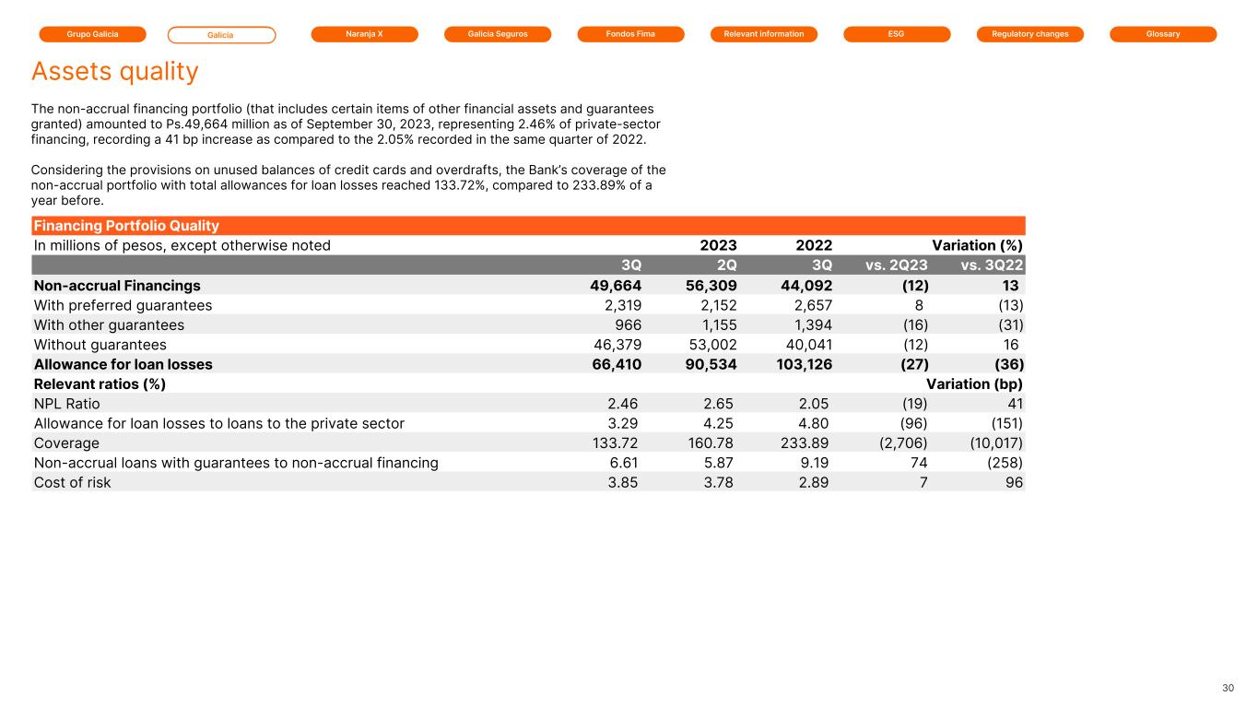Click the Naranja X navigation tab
(x=364, y=34)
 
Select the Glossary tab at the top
(x=1163, y=34)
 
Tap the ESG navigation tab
(x=897, y=34)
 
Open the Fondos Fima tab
(x=630, y=34)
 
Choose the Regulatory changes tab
(x=1030, y=34)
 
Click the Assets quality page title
(x=114, y=71)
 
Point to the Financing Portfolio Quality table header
(x=126, y=226)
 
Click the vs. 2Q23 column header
(x=897, y=265)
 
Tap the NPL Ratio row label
(x=67, y=404)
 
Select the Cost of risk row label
(x=72, y=482)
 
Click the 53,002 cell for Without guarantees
(x=707, y=345)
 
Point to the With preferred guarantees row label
(x=123, y=305)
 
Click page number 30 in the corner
(x=1228, y=689)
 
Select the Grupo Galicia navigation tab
(x=92, y=34)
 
